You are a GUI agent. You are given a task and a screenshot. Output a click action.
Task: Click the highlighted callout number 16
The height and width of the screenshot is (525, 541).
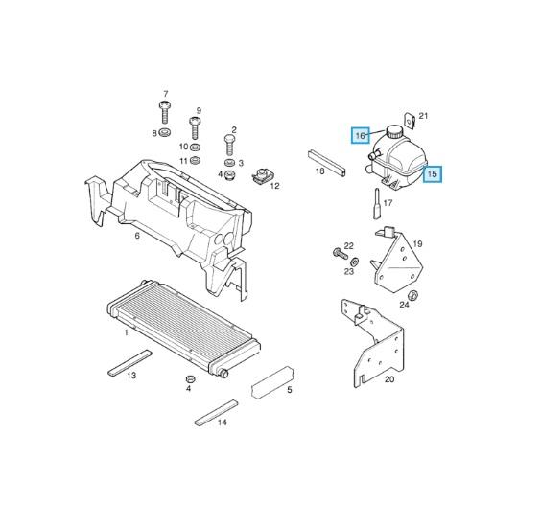click(360, 135)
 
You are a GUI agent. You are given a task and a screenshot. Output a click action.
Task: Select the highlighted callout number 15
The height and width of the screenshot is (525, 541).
click(433, 174)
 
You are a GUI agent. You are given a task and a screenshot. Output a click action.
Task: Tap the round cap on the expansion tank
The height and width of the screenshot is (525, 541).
click(394, 131)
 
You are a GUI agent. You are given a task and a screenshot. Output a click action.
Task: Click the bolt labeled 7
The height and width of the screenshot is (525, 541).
click(165, 112)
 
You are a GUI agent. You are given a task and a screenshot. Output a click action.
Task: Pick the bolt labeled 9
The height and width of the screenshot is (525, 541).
click(195, 127)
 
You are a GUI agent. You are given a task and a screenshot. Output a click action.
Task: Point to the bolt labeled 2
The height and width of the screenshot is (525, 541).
click(229, 145)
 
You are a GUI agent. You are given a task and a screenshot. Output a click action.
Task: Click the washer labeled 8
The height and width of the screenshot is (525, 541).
click(166, 132)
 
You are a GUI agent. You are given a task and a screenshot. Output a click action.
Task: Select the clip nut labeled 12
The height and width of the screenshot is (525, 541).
click(263, 175)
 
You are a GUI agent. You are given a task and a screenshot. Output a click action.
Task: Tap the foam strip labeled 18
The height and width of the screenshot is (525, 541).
click(326, 163)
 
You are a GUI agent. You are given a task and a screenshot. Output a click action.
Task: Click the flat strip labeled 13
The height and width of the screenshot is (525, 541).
click(129, 363)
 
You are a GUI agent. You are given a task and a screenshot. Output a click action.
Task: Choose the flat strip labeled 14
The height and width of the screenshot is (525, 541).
click(217, 413)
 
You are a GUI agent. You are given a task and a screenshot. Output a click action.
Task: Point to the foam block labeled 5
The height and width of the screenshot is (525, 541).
click(273, 383)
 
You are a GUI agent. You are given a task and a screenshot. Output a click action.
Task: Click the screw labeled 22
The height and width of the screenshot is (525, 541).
click(341, 254)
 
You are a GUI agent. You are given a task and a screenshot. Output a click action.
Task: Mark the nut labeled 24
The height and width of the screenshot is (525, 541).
click(412, 296)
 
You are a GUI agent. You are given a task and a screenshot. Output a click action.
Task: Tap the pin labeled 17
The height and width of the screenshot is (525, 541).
click(377, 204)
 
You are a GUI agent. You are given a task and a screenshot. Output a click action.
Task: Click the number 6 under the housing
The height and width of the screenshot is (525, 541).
click(137, 236)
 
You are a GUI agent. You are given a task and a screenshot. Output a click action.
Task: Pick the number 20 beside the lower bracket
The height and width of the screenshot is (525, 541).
click(389, 379)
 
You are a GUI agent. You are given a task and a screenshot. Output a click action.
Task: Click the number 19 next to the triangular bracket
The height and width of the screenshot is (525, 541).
click(418, 244)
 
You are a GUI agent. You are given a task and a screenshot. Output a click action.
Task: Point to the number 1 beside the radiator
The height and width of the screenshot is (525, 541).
click(127, 332)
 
